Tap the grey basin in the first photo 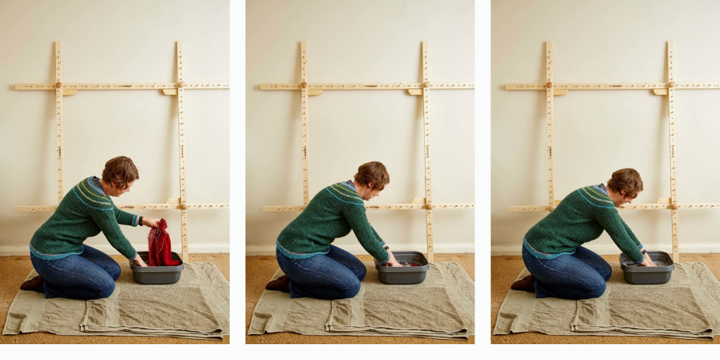point(157,270)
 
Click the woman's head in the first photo point(120,172)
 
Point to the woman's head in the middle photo point(372,177)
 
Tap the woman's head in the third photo point(624,183)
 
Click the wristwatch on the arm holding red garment point(142,220)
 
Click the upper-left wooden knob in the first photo point(58,85)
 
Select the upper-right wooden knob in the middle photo point(426,85)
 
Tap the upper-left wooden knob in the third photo point(549,85)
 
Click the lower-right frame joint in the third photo point(672,207)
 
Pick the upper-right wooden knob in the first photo point(180,85)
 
